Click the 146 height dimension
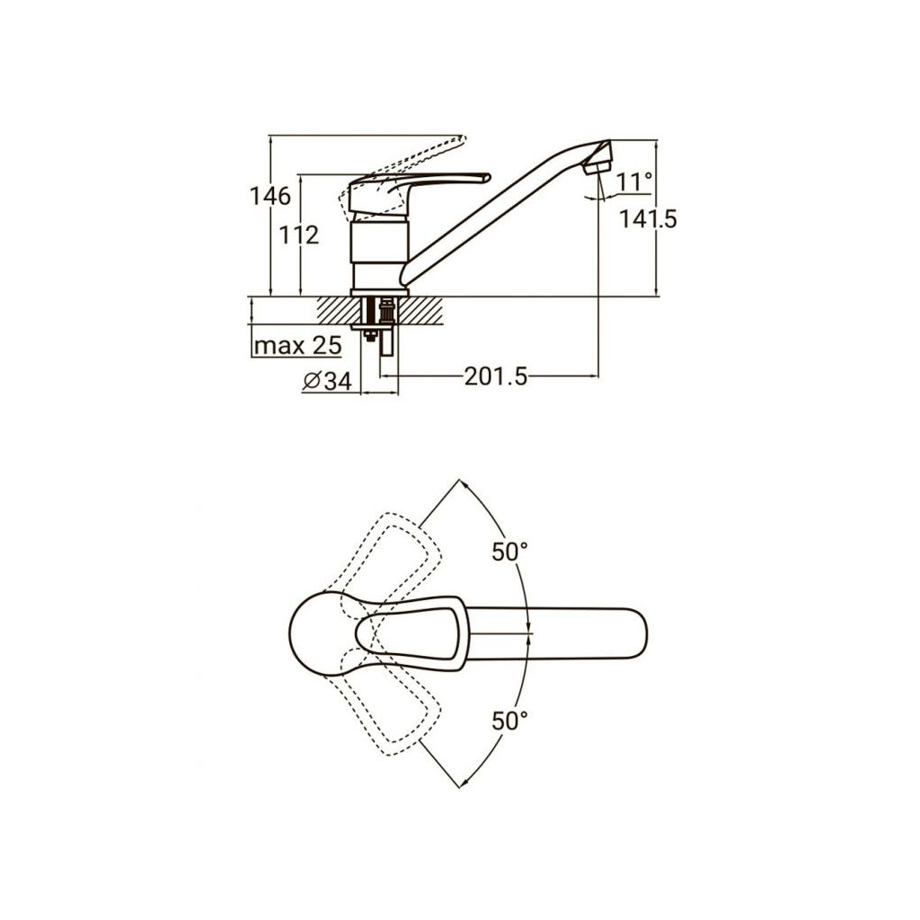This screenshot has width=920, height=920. [270, 195]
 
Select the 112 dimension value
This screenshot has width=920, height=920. [300, 235]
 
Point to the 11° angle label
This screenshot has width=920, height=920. [634, 182]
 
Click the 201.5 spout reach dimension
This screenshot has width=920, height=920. [495, 376]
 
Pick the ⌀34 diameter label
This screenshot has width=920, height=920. [326, 382]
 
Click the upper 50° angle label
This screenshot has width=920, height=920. [509, 553]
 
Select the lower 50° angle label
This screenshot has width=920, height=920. [509, 720]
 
